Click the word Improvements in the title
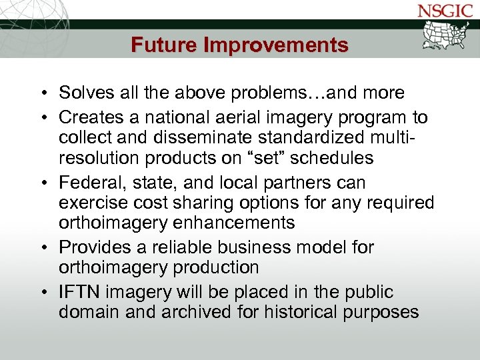point(276,45)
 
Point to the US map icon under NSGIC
point(448,37)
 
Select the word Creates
point(87,117)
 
